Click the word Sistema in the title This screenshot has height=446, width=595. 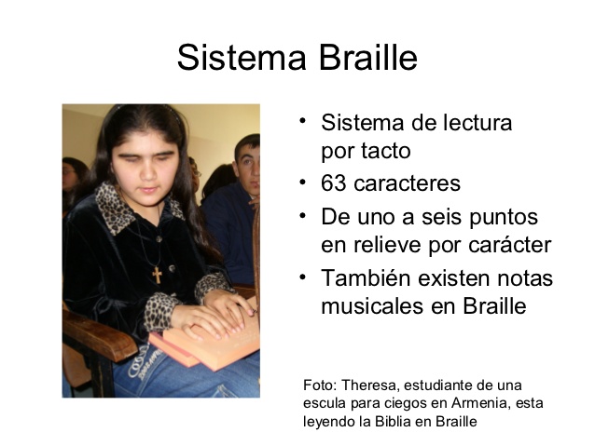tap(242, 57)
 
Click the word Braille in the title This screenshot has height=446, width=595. tap(368, 57)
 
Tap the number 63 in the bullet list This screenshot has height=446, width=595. tap(334, 183)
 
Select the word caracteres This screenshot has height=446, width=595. tap(407, 183)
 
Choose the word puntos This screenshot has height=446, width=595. tap(504, 218)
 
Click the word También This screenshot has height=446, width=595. tap(366, 277)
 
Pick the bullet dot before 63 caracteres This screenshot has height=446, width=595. tap(302, 182)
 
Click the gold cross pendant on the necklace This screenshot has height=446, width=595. tap(157, 275)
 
